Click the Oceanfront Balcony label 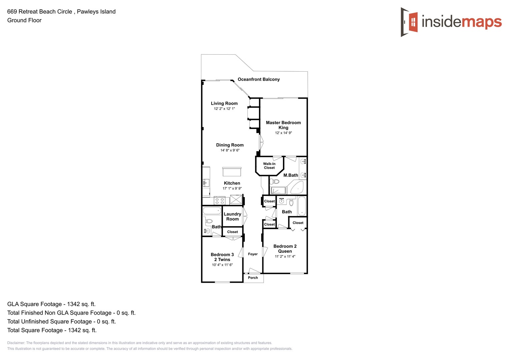point(259,79)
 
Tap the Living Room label point(224,103)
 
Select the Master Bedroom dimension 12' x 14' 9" point(283,133)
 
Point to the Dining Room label point(230,145)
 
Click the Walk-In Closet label point(269,166)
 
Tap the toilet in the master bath point(275,182)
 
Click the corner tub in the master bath point(297,188)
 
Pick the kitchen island point(232,172)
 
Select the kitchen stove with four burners point(219,201)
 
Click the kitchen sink point(206,182)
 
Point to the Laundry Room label point(232,217)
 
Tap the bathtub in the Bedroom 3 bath point(212,211)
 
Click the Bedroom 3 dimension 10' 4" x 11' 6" point(222,265)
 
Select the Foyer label point(253,254)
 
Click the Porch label point(253,278)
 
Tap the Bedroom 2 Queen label point(285,249)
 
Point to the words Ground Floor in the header point(24,20)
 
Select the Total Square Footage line point(52,330)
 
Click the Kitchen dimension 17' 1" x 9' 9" point(232,189)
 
